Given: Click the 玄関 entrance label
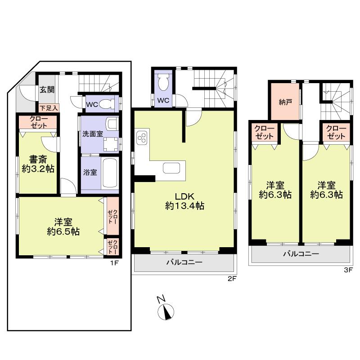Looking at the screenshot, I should point(46,89).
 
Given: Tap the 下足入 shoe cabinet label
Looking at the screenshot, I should point(48,108).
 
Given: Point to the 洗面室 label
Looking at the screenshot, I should point(93,134).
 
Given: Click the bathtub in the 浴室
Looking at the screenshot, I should point(110,173).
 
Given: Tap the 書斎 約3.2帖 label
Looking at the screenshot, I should point(38,164).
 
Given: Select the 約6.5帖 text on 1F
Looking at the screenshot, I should point(63,231).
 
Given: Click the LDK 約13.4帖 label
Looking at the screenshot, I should point(184,201).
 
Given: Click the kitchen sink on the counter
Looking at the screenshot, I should point(171,168).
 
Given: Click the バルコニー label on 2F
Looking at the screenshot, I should point(184,262).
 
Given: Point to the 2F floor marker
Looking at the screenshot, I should point(231,279).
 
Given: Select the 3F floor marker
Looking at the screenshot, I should point(347,270).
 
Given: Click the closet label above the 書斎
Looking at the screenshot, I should point(38,122).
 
